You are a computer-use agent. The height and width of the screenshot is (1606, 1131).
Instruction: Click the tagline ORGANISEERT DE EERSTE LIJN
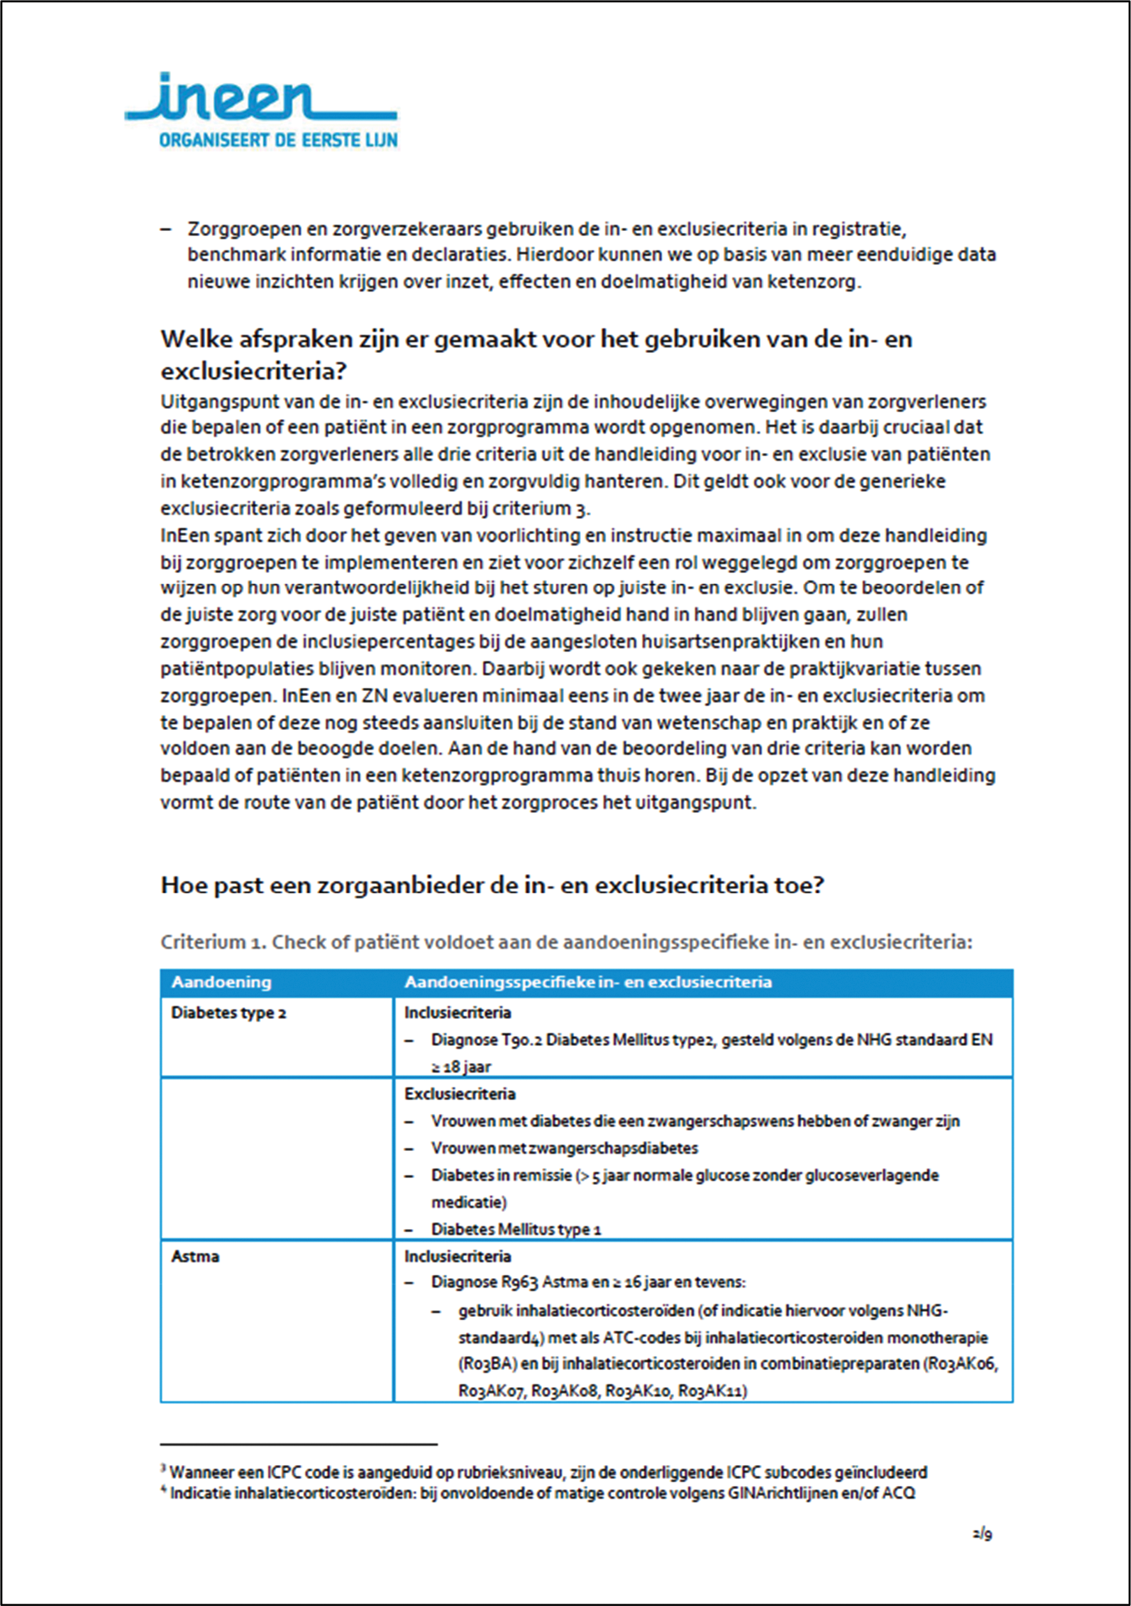point(278,140)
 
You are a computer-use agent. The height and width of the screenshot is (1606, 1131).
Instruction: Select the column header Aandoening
point(221,982)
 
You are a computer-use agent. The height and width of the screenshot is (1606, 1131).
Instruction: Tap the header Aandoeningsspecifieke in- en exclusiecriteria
point(588,982)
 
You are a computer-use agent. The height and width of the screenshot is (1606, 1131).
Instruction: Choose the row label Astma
point(195,1256)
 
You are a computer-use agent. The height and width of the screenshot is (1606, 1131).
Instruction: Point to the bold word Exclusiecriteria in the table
point(460,1094)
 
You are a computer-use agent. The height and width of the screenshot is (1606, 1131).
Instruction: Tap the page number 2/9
point(982,1535)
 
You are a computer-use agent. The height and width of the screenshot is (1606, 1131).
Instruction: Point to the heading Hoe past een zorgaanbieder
point(492,886)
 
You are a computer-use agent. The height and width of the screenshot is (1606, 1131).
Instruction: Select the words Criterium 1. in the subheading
point(213,942)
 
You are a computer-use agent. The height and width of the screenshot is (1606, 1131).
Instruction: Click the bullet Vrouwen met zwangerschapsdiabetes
point(564,1149)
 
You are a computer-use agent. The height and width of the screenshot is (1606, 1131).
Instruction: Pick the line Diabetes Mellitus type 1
point(516,1229)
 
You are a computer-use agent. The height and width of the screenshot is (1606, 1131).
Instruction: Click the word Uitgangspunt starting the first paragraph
point(206,402)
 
